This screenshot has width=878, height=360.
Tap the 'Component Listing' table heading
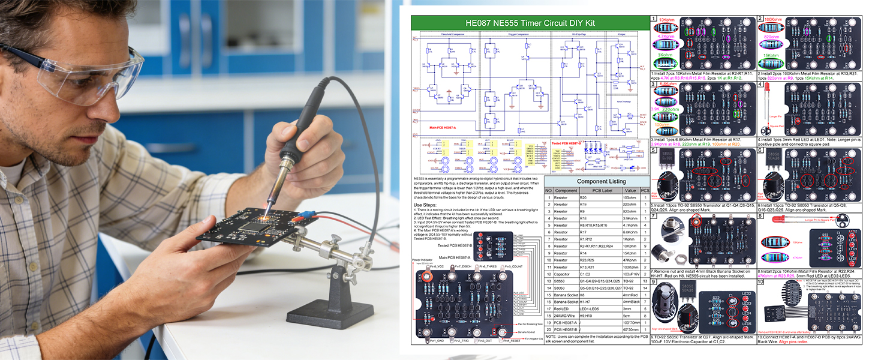[x=597, y=181]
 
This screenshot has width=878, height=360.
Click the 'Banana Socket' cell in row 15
[x=566, y=302]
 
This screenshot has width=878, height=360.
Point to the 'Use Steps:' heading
[x=426, y=205]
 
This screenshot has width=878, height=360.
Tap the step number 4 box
[x=760, y=85]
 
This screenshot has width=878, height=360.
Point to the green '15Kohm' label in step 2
[x=774, y=56]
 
